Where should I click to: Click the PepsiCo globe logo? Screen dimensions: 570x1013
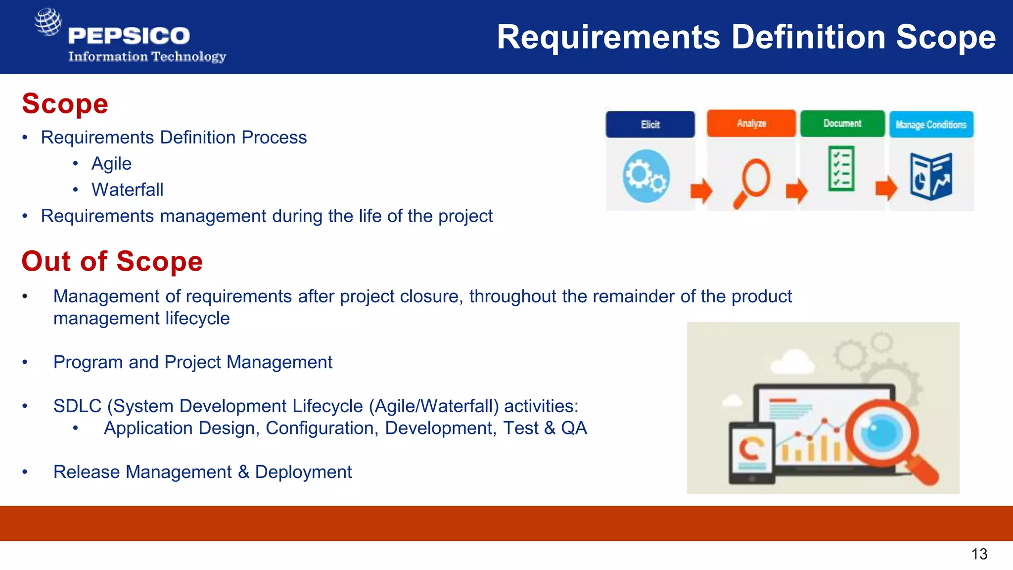pyautogui.click(x=48, y=22)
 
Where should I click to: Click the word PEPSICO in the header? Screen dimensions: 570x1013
pyautogui.click(x=129, y=36)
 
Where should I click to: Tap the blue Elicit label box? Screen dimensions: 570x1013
pyautogui.click(x=650, y=124)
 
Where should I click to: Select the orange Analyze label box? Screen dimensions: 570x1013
pyautogui.click(x=751, y=123)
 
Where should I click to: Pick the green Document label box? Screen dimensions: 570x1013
pyautogui.click(x=842, y=123)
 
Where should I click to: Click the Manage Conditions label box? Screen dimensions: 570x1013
pyautogui.click(x=930, y=125)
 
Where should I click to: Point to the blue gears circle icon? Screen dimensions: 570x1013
pyautogui.click(x=646, y=176)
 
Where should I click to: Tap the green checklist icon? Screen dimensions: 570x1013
pyautogui.click(x=841, y=168)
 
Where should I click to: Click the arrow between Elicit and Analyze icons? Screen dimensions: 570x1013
pyautogui.click(x=701, y=190)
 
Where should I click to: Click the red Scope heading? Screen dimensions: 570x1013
pyautogui.click(x=65, y=104)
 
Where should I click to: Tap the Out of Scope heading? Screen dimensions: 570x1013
pyautogui.click(x=112, y=261)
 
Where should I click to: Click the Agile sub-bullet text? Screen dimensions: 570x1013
pyautogui.click(x=111, y=164)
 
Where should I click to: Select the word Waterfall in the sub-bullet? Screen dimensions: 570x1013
pyautogui.click(x=127, y=190)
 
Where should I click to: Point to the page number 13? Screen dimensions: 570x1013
pyautogui.click(x=979, y=554)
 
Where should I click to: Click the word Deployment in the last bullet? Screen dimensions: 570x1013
pyautogui.click(x=303, y=472)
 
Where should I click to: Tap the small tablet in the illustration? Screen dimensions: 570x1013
pyautogui.click(x=751, y=453)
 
